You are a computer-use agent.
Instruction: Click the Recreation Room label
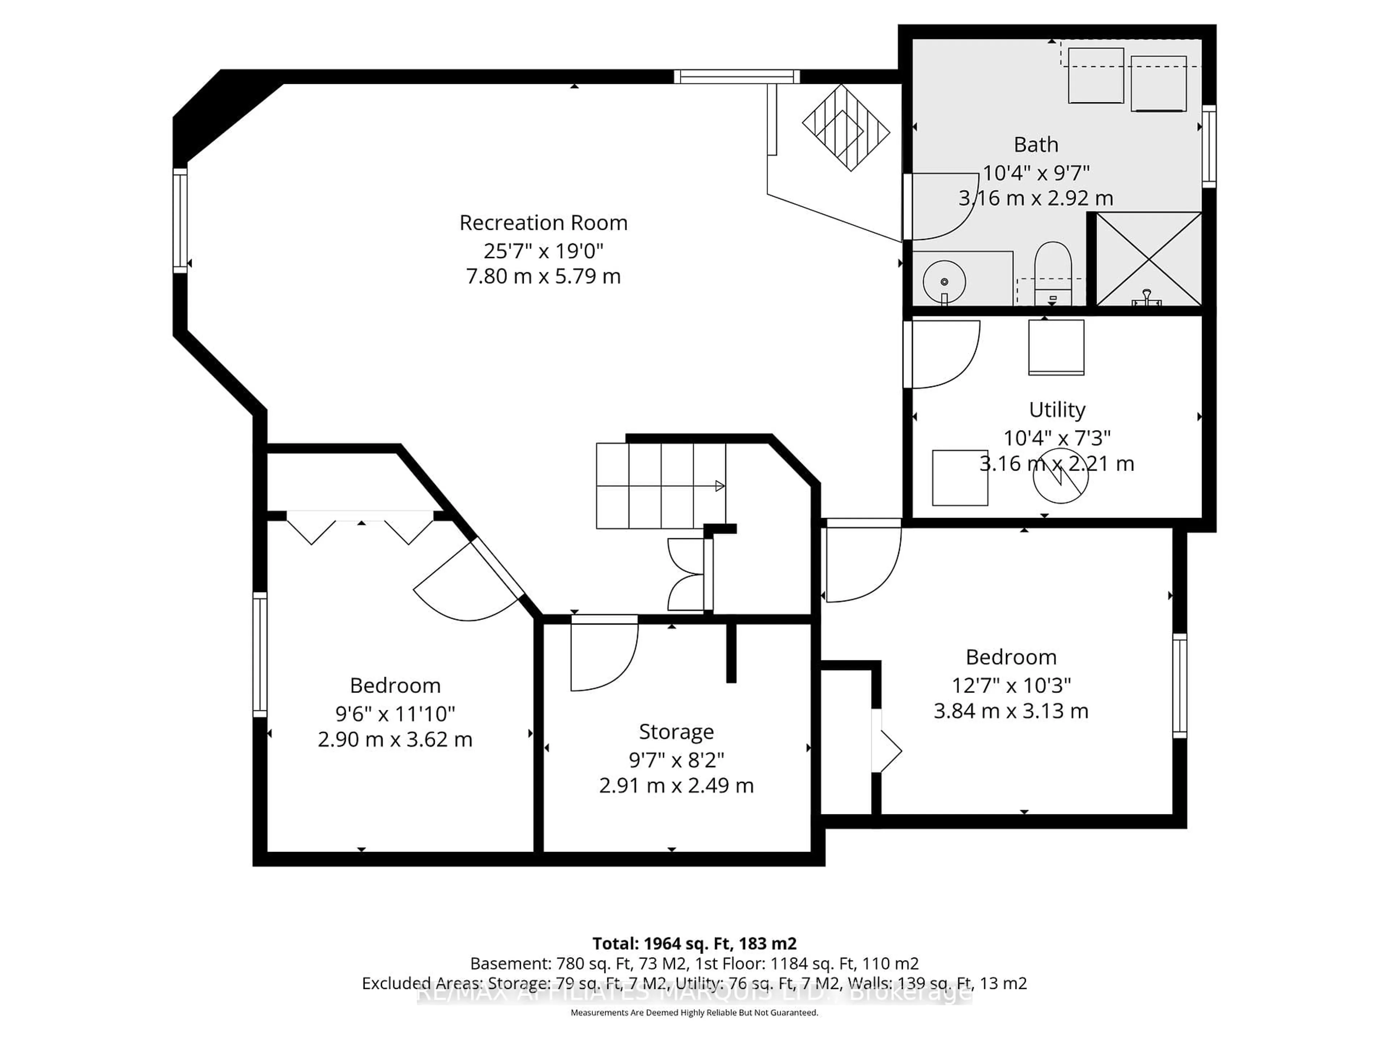[543, 223]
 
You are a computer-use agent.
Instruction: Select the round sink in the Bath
[944, 282]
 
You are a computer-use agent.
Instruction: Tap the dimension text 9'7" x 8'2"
[676, 760]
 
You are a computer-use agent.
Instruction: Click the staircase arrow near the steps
[719, 486]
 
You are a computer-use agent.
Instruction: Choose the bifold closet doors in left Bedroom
[360, 527]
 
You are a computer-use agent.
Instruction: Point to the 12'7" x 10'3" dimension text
[1011, 685]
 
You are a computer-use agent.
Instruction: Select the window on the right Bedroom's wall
[1179, 685]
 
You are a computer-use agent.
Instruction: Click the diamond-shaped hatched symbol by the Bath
[846, 127]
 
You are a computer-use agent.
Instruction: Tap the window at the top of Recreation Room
[736, 77]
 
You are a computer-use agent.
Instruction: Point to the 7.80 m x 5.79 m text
[543, 276]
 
